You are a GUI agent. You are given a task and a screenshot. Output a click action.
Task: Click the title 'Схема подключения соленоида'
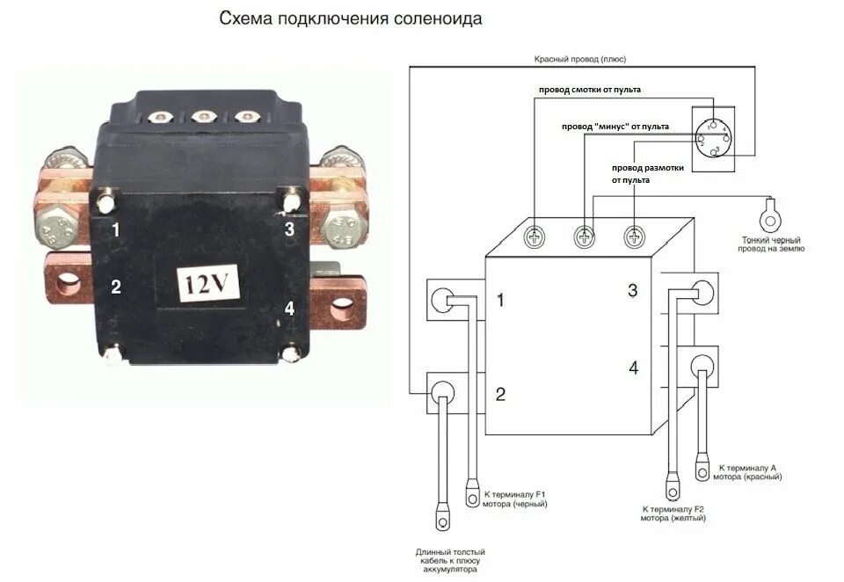350,18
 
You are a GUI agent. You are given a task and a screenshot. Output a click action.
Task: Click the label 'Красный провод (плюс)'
580,59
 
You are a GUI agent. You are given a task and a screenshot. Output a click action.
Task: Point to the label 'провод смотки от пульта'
590,90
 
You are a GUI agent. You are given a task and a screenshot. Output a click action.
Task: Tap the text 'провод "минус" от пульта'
615,127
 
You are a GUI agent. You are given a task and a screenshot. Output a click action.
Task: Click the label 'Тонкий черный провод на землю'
773,244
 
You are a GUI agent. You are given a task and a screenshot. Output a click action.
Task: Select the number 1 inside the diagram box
500,301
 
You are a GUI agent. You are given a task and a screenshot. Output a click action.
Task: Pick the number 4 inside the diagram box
633,367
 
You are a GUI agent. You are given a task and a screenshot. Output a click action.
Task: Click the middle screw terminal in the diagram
585,236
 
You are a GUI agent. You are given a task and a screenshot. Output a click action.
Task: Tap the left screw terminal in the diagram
535,236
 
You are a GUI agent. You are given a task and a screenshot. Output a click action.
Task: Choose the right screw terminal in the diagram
635,236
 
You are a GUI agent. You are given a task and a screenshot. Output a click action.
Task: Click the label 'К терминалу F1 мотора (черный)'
516,499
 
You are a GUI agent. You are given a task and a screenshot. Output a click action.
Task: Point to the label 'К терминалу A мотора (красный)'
749,472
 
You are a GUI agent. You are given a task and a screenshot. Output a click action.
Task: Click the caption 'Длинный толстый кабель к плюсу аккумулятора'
449,560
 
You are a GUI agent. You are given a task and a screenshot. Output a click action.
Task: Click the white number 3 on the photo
288,229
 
